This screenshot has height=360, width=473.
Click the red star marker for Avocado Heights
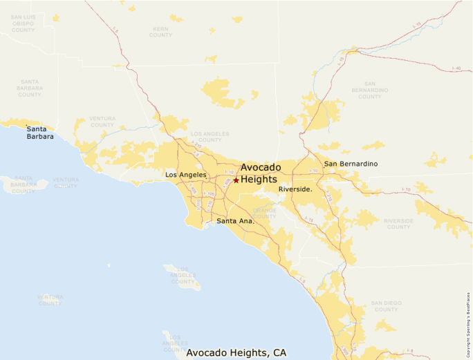point(236,180)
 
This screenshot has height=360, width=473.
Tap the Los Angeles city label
point(186,175)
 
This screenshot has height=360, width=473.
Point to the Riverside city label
point(295,189)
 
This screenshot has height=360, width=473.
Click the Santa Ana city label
point(235,221)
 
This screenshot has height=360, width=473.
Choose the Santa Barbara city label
point(40,132)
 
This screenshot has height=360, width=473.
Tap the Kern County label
point(160,32)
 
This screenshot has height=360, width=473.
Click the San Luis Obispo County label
point(24,23)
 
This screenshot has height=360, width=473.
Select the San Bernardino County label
point(371,93)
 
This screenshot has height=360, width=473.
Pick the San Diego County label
point(385,305)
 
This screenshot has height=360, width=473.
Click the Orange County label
point(264,213)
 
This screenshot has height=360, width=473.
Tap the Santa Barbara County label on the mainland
point(30,87)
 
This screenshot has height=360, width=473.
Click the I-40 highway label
point(455,68)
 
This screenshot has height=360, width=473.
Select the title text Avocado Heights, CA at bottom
point(236,352)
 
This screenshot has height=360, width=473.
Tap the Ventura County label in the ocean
point(50,300)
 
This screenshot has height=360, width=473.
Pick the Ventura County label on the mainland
point(102,122)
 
